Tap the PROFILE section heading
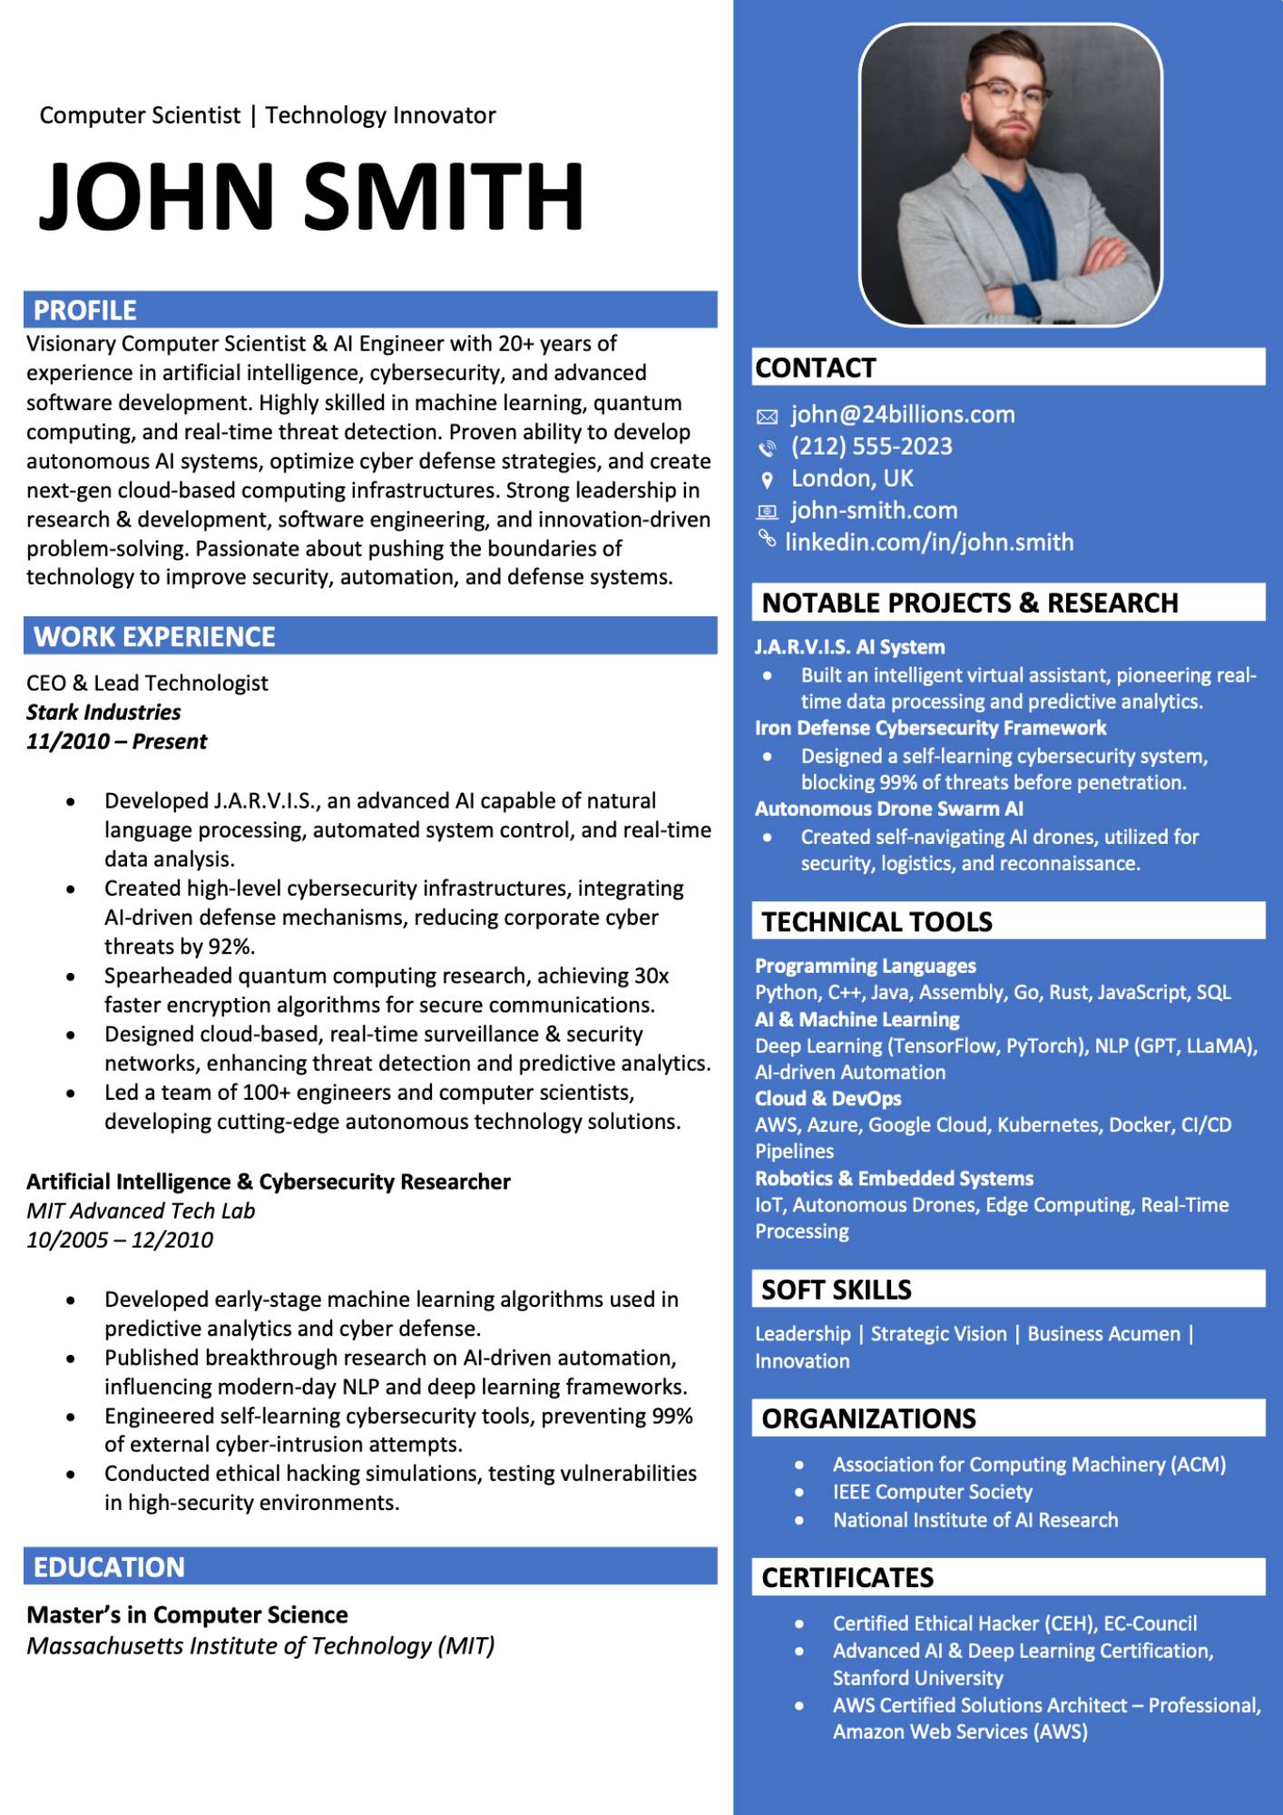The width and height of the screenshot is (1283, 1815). pyautogui.click(x=85, y=310)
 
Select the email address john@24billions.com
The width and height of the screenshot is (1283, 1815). pyautogui.click(x=902, y=415)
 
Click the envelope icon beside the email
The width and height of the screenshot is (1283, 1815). pyautogui.click(x=767, y=417)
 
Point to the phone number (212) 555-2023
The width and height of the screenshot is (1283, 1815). pyautogui.click(x=871, y=446)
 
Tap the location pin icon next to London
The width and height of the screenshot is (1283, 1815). pyautogui.click(x=767, y=480)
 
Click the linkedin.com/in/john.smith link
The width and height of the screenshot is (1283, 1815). pyautogui.click(x=928, y=543)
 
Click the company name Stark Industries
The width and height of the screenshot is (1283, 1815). pyautogui.click(x=103, y=712)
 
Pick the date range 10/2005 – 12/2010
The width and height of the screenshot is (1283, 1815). pyautogui.click(x=120, y=1240)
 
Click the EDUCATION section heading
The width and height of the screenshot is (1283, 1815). pyautogui.click(x=109, y=1567)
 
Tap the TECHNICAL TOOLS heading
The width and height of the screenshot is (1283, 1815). pyautogui.click(x=877, y=922)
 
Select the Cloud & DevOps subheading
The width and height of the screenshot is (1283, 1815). pyautogui.click(x=828, y=1098)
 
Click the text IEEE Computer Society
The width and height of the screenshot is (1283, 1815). pyautogui.click(x=932, y=1492)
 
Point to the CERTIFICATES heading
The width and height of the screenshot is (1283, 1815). pyautogui.click(x=847, y=1578)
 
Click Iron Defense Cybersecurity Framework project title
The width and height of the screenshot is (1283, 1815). pyautogui.click(x=930, y=728)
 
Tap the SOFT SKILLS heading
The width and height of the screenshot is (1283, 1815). pyautogui.click(x=836, y=1290)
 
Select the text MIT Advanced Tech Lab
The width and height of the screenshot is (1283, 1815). pyautogui.click(x=141, y=1211)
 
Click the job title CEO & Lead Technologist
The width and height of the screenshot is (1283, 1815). pyautogui.click(x=147, y=683)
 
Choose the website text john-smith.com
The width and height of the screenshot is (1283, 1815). pyautogui.click(x=874, y=511)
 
